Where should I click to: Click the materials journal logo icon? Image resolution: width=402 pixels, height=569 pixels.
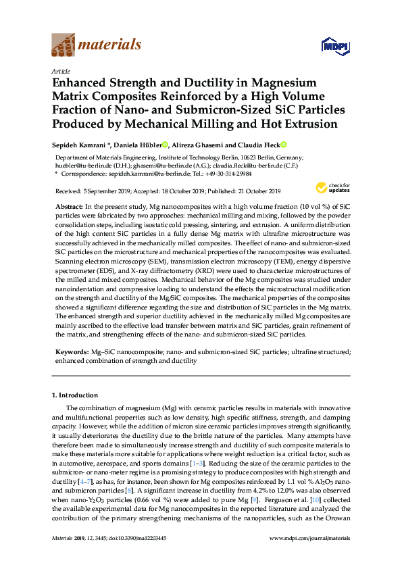click(64, 45)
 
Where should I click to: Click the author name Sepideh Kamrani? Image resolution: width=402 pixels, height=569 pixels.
click(80, 145)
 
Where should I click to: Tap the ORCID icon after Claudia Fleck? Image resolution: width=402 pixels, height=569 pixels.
click(284, 145)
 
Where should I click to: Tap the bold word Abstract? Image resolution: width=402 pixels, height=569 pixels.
click(69, 204)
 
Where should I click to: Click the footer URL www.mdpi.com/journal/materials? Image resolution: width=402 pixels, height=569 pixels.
click(309, 539)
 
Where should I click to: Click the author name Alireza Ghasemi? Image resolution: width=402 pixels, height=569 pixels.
click(197, 145)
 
